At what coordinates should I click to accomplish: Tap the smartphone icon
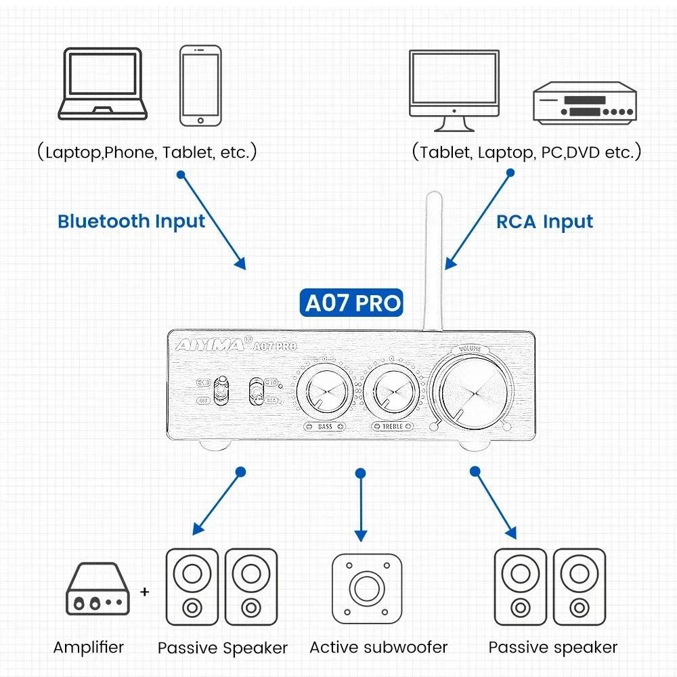pos(200,85)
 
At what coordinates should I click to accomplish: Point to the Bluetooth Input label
pos(131,221)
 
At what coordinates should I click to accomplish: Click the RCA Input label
pos(544,221)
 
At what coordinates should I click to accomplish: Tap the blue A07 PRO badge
pos(351,303)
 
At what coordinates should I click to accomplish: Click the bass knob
pos(325,392)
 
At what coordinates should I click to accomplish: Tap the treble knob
pos(392,392)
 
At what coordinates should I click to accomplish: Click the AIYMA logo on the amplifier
pos(210,344)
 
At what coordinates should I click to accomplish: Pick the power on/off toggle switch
pos(219,391)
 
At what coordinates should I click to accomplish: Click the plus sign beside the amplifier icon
pos(144,592)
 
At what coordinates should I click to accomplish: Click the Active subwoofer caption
pos(378,647)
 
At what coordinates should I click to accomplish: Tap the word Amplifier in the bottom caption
pos(89,647)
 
